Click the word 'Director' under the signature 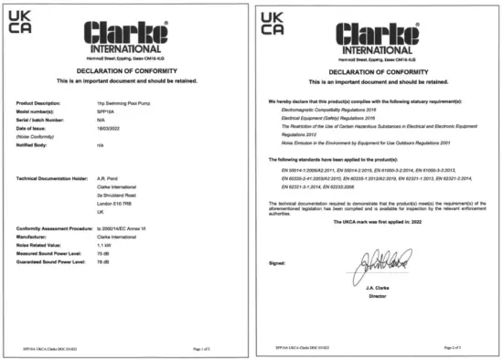point(377,297)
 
